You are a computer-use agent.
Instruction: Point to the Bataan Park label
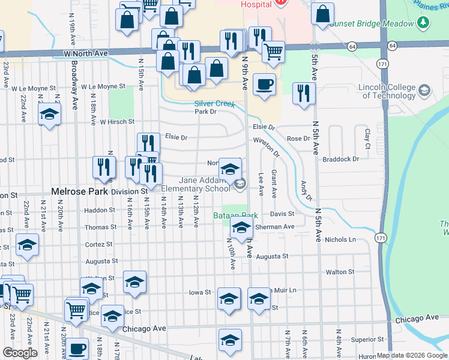click(236, 215)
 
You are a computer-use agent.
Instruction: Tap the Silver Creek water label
click(214, 103)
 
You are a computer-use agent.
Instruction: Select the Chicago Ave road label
click(143, 329)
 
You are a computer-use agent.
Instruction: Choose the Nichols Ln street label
click(340, 239)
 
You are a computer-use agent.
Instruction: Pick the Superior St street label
click(363, 339)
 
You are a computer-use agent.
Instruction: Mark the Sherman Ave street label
click(274, 227)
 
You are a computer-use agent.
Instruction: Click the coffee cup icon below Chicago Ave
click(76, 349)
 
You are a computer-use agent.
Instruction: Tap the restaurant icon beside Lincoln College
click(304, 92)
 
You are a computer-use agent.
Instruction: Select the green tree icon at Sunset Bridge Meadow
click(424, 23)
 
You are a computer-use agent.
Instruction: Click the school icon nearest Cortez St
click(27, 245)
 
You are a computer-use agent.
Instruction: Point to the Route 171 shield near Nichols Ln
click(381, 238)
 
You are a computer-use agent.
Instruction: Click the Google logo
click(20, 352)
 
